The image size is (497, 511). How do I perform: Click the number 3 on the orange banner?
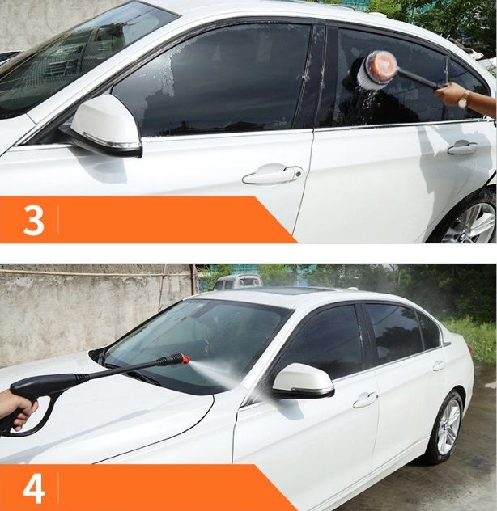pos(34,220)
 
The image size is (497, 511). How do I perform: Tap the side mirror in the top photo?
pos(104,126)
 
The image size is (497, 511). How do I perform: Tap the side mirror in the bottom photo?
pos(303,381)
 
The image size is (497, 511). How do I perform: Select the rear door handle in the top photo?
pos(462,148)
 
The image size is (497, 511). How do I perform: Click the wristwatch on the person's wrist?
pos(464,99)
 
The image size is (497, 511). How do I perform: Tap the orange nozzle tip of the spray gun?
pos(185,359)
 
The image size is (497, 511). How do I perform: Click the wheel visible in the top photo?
pos(470,222)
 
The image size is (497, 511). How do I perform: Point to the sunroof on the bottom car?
pos(284,291)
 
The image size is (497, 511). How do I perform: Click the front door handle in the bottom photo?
pos(364,400)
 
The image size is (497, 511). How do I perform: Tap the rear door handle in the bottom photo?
pos(438,365)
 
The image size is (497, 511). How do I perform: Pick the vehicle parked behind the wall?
pos(237,281)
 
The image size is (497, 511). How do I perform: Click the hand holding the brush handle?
pos(450,94)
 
